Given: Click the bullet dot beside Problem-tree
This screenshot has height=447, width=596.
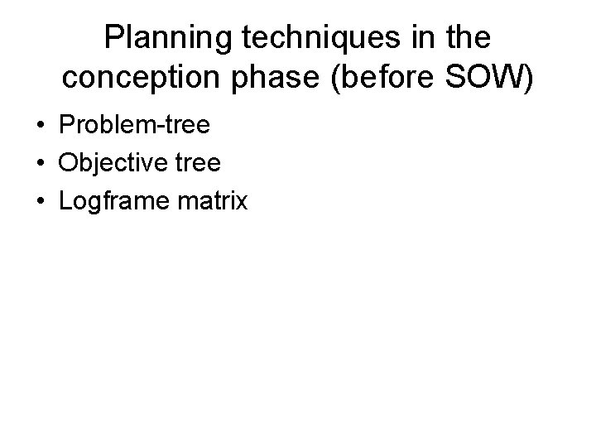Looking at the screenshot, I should pyautogui.click(x=40, y=127).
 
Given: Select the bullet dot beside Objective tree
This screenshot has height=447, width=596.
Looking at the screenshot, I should pyautogui.click(x=40, y=164).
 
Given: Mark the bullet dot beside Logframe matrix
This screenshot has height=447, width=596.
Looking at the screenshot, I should pyautogui.click(x=40, y=201).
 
